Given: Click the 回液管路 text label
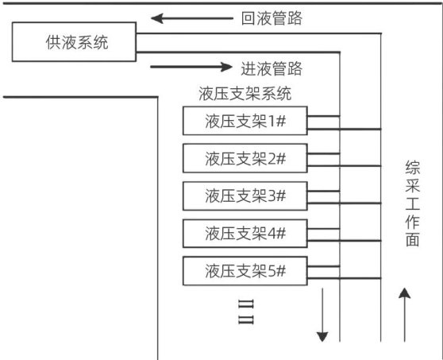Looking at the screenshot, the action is [272, 18].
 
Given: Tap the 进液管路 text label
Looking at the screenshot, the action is [272, 68].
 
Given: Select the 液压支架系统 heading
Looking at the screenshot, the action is [245, 94].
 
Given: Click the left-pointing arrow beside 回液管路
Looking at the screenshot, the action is [192, 18].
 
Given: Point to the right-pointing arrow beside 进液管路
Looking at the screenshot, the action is [191, 67].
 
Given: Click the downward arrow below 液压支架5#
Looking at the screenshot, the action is [322, 315].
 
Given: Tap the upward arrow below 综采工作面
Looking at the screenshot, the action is [405, 315].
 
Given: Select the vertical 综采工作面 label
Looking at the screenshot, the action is [413, 203].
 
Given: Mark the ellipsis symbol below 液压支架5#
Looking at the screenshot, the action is [246, 312].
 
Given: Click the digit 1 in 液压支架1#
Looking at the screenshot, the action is [271, 122].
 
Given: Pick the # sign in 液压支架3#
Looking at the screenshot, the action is [281, 196].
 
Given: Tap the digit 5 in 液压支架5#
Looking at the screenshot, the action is [272, 272].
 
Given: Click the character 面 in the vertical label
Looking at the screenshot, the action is [413, 239].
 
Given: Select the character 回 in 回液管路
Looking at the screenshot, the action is [248, 18].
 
